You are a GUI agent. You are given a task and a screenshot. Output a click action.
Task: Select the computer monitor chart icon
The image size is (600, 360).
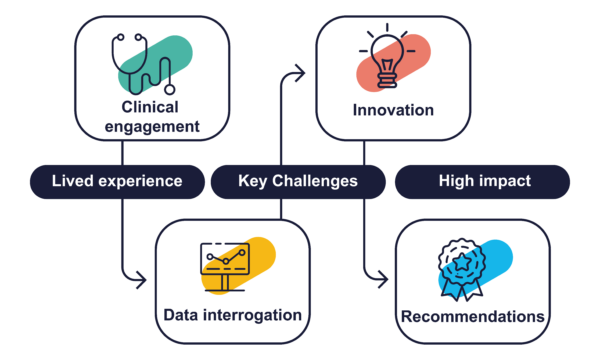225,267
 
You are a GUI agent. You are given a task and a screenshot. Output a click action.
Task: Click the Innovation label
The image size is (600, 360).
393,110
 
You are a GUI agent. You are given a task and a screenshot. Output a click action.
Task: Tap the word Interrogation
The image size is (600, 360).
256,315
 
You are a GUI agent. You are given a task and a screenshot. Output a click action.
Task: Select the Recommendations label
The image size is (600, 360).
473,317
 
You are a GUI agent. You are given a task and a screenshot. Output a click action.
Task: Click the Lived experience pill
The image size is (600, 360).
116,182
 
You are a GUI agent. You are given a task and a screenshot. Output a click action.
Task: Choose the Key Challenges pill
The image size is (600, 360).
298,182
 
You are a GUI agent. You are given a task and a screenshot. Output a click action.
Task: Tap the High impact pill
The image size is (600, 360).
484,182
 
